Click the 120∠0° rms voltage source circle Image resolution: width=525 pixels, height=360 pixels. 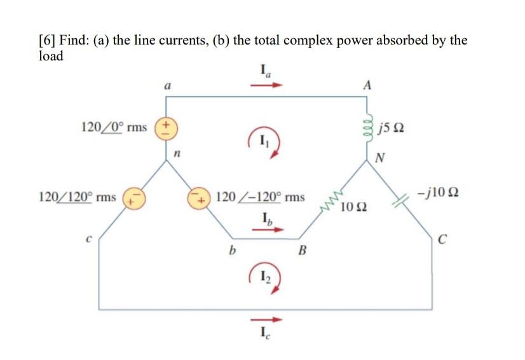pos(167,127)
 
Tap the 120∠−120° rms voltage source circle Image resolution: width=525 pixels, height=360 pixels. pos(202,197)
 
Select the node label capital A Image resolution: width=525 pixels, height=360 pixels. pos(368,85)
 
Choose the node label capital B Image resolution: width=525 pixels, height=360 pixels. pos(303,254)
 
